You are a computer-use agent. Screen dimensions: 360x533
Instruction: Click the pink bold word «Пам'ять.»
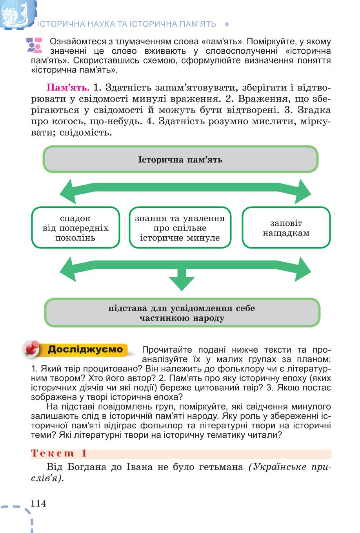(68, 87)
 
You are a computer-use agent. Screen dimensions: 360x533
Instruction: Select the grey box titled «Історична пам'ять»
(180, 159)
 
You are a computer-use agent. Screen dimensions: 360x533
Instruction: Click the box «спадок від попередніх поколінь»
(75, 228)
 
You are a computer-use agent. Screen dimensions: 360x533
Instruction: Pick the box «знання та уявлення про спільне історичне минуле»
(180, 228)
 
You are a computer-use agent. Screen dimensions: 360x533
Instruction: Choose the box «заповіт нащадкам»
(286, 228)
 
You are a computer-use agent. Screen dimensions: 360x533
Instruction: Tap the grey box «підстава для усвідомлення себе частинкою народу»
(182, 313)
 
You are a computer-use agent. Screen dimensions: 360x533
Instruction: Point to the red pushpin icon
(32, 349)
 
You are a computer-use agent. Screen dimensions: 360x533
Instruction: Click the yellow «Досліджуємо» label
(85, 349)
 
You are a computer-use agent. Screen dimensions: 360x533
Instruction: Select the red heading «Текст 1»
(59, 453)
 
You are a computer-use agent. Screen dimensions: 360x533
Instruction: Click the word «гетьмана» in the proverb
(221, 467)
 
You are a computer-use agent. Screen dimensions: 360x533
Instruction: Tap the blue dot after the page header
(227, 24)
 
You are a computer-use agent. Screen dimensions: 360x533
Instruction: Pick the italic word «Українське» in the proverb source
(279, 467)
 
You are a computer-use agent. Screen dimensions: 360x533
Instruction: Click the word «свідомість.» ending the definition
(86, 132)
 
